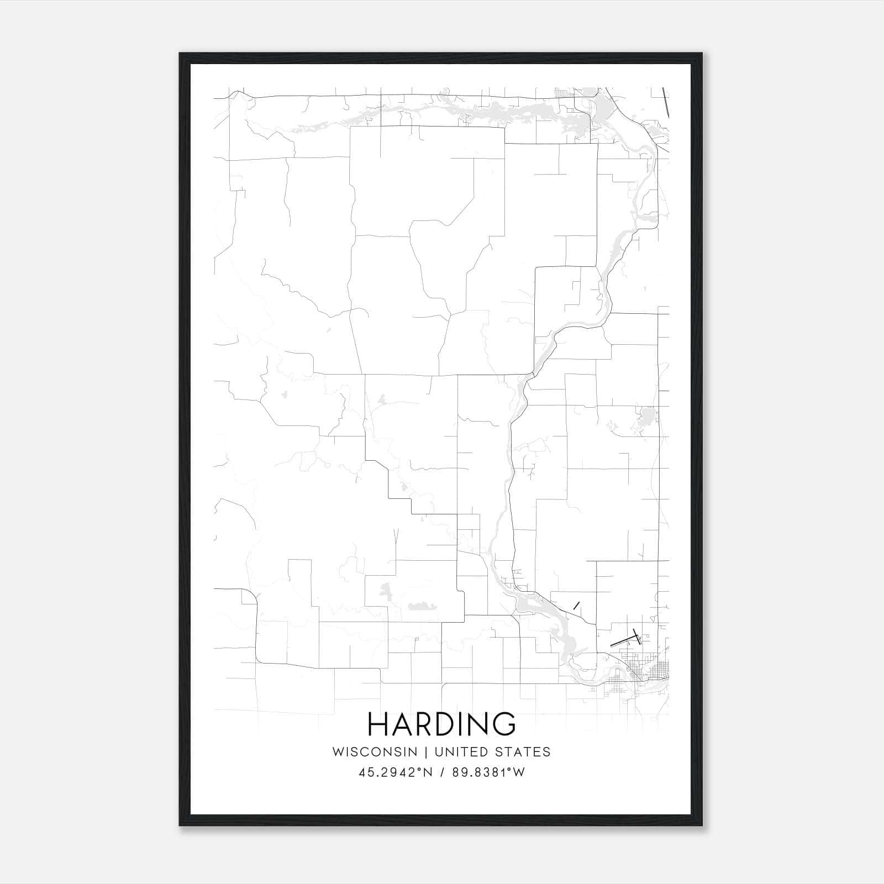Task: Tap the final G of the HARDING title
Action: click(504, 724)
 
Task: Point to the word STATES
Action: click(522, 752)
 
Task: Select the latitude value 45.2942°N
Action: click(394, 772)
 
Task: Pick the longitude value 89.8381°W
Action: click(488, 772)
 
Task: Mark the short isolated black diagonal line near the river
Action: click(577, 605)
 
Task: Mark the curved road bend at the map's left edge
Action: click(251, 597)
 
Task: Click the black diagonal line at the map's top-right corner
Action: click(666, 102)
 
